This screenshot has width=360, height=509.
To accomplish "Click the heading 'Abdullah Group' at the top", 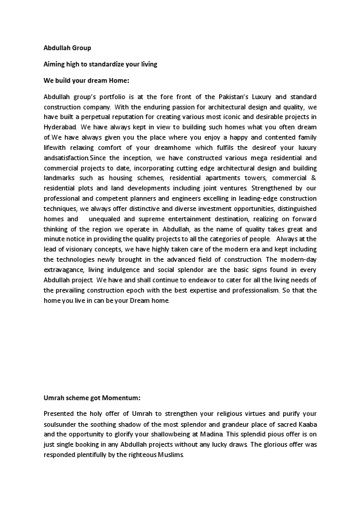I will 67,47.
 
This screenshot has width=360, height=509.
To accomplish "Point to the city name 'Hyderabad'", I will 60,128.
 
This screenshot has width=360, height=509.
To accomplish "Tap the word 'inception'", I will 142,158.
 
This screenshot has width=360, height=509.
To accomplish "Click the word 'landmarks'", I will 59,179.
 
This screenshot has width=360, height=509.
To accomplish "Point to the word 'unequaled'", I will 102,219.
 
